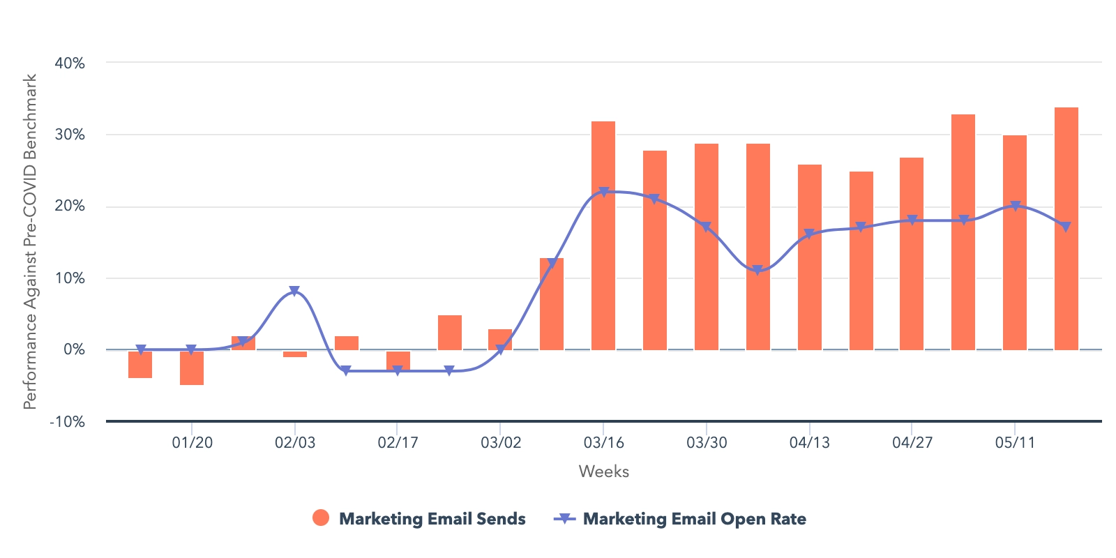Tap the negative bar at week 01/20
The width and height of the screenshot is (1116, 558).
click(x=192, y=368)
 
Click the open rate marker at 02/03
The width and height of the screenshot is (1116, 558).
click(x=294, y=291)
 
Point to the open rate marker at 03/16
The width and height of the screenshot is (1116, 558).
click(x=604, y=192)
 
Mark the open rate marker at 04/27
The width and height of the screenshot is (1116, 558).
click(x=912, y=220)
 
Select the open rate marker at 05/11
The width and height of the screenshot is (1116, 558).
click(x=1016, y=206)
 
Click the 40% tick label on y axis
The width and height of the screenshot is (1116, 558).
click(x=70, y=63)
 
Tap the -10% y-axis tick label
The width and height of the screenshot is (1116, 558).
click(x=67, y=422)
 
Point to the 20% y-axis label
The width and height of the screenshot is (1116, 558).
click(x=70, y=206)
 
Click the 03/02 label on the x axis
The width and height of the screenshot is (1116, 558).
click(x=501, y=443)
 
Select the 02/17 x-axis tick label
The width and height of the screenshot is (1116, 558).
click(x=398, y=443)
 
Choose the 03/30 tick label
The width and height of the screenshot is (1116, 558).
click(x=707, y=443)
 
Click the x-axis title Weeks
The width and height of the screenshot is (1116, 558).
click(x=604, y=472)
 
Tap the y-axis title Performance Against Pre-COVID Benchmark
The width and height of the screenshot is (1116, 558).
click(x=30, y=241)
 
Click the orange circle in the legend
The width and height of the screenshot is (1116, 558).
click(x=321, y=518)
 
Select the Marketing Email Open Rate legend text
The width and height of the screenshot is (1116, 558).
click(x=695, y=519)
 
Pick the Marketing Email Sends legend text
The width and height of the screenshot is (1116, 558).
click(x=432, y=519)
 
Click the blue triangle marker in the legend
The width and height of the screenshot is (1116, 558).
click(x=565, y=518)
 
